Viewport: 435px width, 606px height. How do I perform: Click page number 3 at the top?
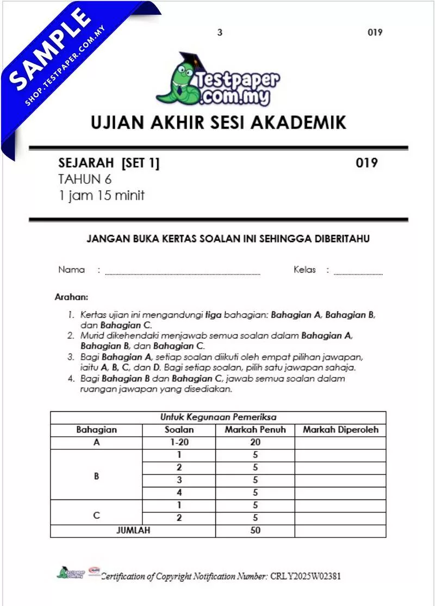point(220,33)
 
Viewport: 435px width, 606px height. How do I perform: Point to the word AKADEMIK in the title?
point(301,122)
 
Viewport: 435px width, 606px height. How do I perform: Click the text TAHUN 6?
point(84,179)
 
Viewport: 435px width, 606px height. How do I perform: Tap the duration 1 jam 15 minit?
point(102,195)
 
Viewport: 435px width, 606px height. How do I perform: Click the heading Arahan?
point(71,298)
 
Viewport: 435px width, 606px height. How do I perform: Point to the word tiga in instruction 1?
point(214,315)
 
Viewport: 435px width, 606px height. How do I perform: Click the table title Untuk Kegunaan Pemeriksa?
point(218,417)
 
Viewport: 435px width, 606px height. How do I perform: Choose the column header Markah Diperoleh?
point(340,430)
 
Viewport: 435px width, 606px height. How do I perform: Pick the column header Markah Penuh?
point(255,430)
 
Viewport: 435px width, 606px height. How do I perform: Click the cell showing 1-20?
point(179,443)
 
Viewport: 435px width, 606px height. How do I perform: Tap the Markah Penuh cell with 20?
point(255,443)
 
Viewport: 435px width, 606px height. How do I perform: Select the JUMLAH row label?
point(133,530)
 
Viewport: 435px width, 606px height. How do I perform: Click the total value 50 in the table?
point(255,530)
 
